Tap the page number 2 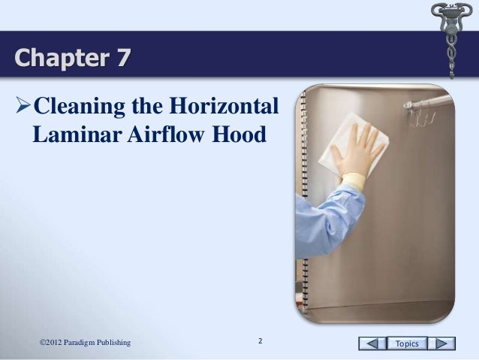point(260,342)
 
